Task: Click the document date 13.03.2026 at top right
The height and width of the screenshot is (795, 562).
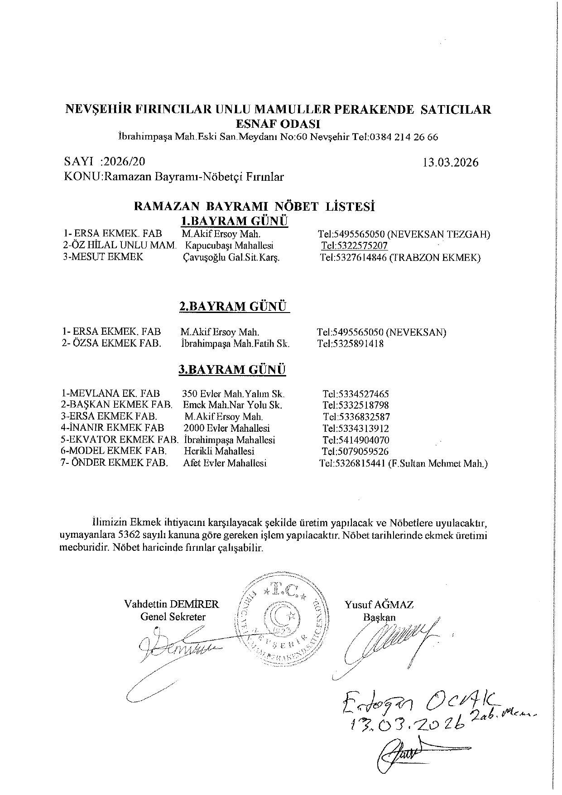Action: coord(450,163)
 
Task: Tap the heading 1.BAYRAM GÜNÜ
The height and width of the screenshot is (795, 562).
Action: coord(234,221)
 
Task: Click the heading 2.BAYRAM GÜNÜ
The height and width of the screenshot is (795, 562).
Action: coord(233,307)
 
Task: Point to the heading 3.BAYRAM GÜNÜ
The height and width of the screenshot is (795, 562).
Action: coord(232,370)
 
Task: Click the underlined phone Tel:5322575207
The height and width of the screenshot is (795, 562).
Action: coord(354,246)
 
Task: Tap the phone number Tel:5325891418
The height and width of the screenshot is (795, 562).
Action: coord(351,343)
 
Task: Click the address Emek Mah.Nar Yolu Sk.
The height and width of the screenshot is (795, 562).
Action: coord(233,405)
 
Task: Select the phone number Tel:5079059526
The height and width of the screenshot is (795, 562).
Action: coord(355,451)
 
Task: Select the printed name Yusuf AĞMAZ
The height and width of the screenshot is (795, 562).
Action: coord(379,604)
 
